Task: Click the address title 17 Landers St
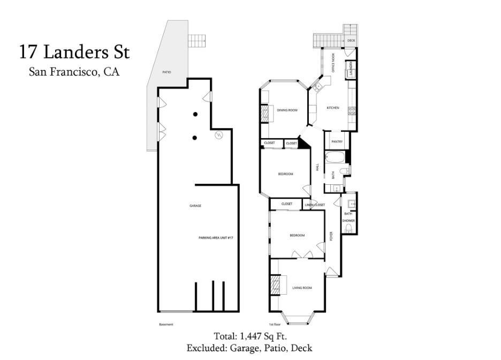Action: point(74,52)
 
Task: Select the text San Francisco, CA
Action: point(74,72)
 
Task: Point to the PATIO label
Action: point(167,72)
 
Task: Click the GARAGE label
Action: point(195,206)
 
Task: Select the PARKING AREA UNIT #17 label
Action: point(216,237)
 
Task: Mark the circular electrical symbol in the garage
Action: point(218,136)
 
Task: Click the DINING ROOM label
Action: point(287,110)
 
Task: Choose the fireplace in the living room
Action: point(275,284)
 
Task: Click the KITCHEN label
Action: point(333,108)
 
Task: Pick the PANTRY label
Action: point(337,141)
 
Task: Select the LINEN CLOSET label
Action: point(315,205)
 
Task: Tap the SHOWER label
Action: point(348,221)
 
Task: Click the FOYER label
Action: point(331,236)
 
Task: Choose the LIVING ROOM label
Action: point(302,288)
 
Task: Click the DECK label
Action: point(351,41)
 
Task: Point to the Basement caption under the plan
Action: point(166,324)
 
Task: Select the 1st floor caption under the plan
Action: point(275,324)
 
